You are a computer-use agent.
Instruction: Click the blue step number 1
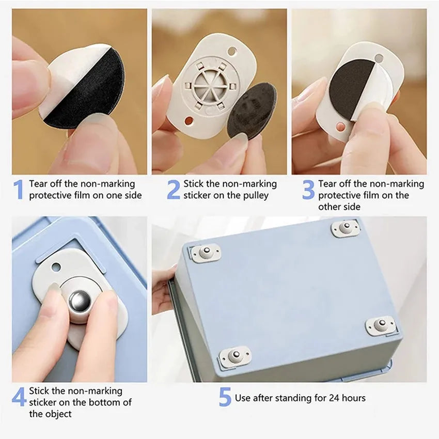coord(19,190)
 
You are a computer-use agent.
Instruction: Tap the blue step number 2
coord(174,190)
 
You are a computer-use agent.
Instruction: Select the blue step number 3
coord(308,190)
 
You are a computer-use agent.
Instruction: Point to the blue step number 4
coord(19,397)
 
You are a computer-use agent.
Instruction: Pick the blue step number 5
coord(225,397)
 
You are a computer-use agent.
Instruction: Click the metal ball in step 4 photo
coord(81,301)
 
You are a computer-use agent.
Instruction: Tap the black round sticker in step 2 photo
coord(253,111)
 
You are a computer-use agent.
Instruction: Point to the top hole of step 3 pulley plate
coord(380,58)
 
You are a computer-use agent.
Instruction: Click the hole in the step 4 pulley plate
coord(56,267)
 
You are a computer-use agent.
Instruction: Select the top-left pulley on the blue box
coord(205,253)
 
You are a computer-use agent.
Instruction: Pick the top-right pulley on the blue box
coord(345,228)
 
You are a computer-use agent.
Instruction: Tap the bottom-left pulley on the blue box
coord(234,357)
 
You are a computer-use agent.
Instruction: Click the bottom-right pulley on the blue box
coord(382,326)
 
